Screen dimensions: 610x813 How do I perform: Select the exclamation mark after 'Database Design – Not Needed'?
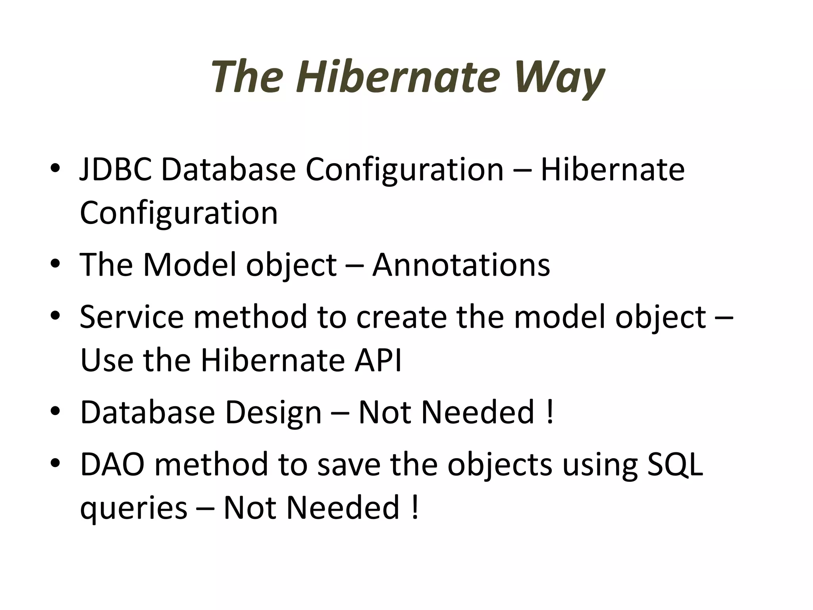(x=550, y=412)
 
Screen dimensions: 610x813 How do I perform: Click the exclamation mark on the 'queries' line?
(x=415, y=508)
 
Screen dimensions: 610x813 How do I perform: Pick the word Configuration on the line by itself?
(x=179, y=213)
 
